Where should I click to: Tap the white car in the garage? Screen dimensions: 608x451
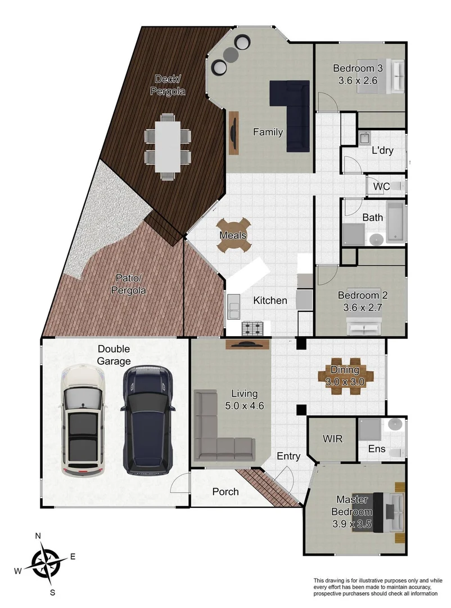[x=84, y=420]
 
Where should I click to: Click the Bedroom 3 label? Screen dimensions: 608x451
[x=358, y=74]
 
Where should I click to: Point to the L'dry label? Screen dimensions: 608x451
[x=382, y=151]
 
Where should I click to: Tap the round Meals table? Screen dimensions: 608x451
[x=233, y=235]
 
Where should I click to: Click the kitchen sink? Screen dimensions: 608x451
[x=234, y=309]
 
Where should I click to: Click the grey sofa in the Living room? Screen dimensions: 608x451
[x=219, y=433]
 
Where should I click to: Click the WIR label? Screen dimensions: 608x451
[x=331, y=439]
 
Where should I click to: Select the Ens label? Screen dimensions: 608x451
[x=376, y=449]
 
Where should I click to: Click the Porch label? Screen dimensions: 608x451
[x=225, y=491]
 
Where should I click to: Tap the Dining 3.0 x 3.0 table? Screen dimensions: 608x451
[x=345, y=375]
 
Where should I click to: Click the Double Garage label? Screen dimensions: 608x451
[x=114, y=355]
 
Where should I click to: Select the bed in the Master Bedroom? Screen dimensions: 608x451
[x=388, y=511]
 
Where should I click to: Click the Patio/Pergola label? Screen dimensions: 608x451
[x=129, y=284]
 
